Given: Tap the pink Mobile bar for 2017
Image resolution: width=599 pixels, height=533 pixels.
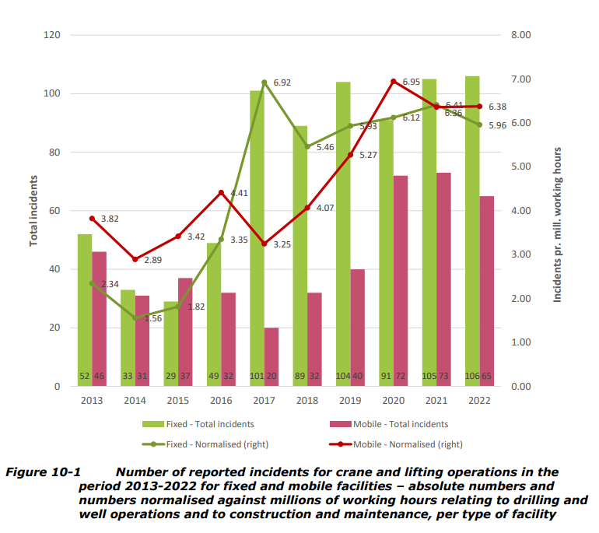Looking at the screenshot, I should (x=271, y=357).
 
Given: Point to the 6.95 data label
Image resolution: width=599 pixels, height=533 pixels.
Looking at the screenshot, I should (x=412, y=81).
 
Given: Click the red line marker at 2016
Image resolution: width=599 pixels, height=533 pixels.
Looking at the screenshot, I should (x=221, y=192).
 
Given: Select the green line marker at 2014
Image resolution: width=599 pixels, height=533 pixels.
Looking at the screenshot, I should (x=135, y=318).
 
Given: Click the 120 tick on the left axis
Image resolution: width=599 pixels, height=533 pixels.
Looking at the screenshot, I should (x=51, y=35).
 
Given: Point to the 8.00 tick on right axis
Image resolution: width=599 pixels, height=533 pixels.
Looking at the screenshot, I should (x=520, y=35).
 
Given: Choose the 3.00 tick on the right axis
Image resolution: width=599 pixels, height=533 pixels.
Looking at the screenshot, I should (x=520, y=254).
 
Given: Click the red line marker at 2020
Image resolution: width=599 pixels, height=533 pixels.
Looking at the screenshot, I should (x=394, y=81).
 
